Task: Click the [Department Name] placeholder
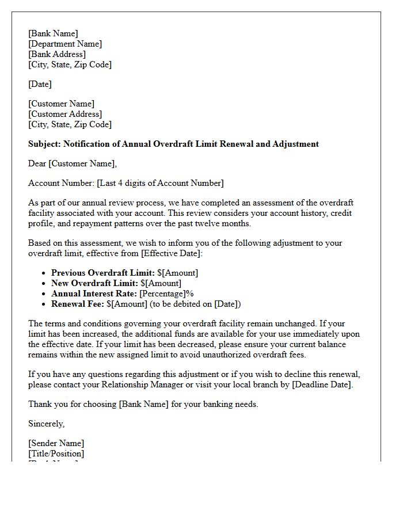click(x=65, y=44)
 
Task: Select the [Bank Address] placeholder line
click(x=57, y=54)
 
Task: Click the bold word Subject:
click(x=45, y=144)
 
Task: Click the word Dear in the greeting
click(x=37, y=163)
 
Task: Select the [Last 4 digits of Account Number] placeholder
click(x=160, y=183)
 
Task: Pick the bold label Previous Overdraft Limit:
click(x=103, y=273)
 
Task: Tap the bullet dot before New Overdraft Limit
click(x=44, y=283)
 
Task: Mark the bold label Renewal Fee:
click(x=78, y=304)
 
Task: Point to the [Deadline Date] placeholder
click(x=322, y=384)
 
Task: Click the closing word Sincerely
click(x=46, y=424)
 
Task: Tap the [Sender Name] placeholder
click(x=56, y=443)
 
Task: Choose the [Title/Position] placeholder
click(x=56, y=454)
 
